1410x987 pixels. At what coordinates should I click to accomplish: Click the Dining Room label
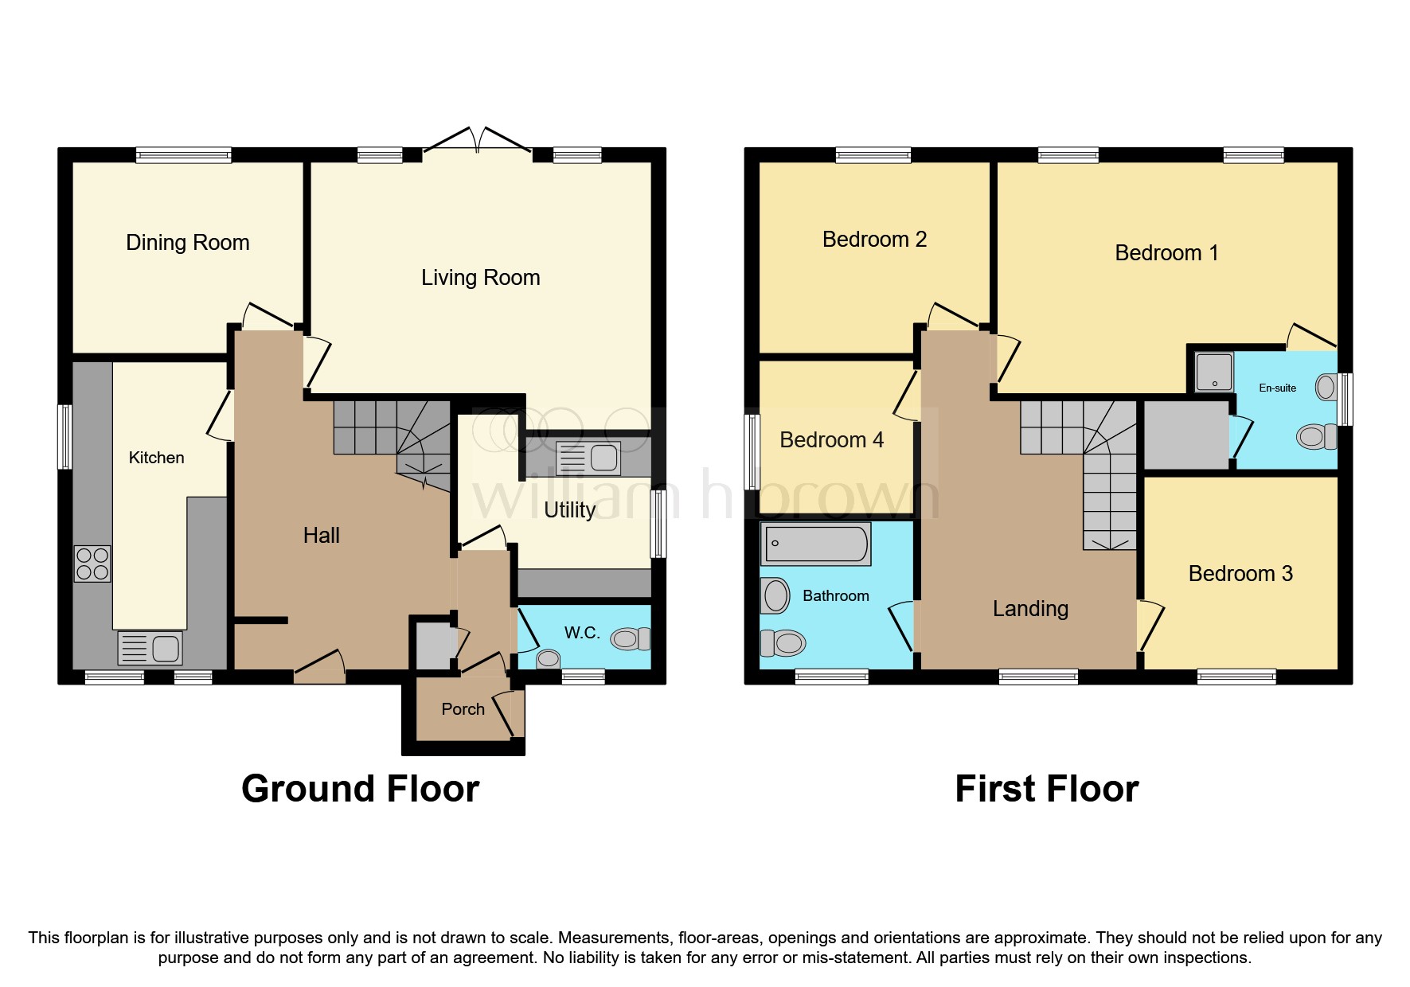click(188, 243)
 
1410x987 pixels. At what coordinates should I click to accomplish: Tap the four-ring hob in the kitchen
click(92, 564)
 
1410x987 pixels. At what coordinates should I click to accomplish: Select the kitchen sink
click(150, 648)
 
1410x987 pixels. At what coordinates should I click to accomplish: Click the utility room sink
click(588, 458)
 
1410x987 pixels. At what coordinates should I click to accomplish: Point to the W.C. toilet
click(630, 638)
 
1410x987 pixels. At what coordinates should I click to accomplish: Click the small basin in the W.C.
click(548, 659)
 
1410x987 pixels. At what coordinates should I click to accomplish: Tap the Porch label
click(463, 709)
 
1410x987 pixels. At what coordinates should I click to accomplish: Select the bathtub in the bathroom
click(816, 544)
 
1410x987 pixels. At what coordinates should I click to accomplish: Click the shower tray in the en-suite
click(1214, 372)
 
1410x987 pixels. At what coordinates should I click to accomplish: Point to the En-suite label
click(1277, 388)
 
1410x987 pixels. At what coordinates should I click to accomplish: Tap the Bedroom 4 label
click(831, 440)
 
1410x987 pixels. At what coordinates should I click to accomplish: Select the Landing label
click(1030, 609)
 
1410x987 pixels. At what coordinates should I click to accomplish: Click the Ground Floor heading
click(360, 789)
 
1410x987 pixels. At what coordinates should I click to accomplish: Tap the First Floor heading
click(1046, 789)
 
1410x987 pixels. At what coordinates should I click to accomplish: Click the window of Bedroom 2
click(873, 155)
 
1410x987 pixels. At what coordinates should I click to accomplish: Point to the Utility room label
click(569, 510)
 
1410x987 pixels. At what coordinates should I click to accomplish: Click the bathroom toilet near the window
click(783, 642)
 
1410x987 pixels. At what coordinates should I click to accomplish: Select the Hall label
click(321, 536)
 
